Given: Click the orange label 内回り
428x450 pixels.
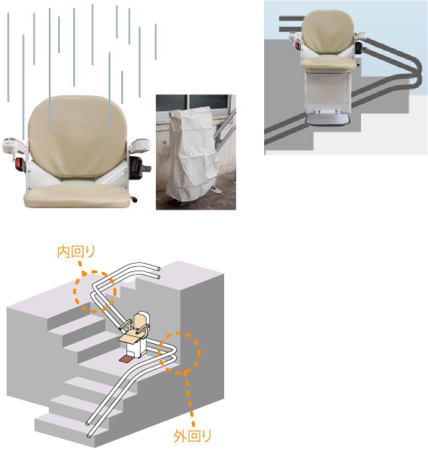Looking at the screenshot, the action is pyautogui.click(x=76, y=252).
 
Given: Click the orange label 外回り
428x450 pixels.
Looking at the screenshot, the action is pyautogui.click(x=193, y=436).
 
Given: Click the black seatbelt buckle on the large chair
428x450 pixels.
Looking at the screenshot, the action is pyautogui.click(x=136, y=167).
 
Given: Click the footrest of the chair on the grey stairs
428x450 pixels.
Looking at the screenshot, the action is pyautogui.click(x=327, y=119).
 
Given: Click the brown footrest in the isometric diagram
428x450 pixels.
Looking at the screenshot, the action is pyautogui.click(x=126, y=359).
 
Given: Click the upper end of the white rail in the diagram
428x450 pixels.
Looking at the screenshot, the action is pyautogui.click(x=158, y=273).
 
